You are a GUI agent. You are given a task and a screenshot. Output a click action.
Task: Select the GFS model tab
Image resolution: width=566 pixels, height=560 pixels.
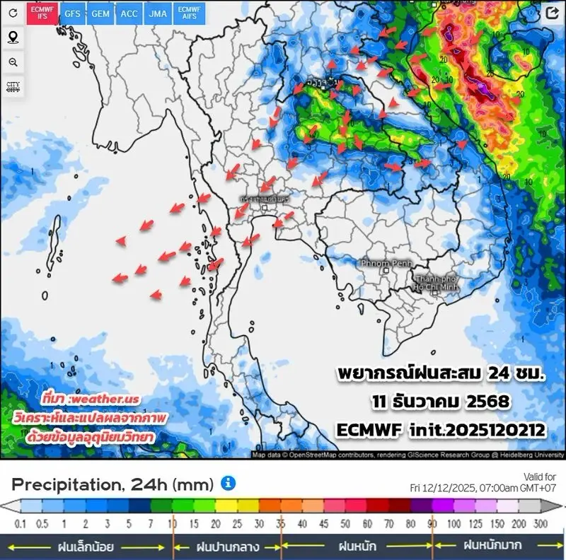click(72, 13)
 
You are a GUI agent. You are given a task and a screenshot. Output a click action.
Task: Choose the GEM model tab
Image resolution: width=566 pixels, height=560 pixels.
click(100, 13)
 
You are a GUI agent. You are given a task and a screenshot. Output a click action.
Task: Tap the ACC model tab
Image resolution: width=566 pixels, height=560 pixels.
click(129, 13)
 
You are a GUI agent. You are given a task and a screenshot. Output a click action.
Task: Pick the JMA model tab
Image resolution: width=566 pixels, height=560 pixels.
click(158, 13)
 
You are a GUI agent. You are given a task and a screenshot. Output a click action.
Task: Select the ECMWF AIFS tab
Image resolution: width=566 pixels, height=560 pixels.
click(189, 13)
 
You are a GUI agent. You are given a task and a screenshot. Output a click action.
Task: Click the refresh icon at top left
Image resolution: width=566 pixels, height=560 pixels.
click(13, 13)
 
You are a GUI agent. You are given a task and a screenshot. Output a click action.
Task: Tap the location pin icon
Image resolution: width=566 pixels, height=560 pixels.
click(13, 37)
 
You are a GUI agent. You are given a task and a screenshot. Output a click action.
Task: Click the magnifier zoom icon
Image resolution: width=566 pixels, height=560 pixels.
click(13, 62)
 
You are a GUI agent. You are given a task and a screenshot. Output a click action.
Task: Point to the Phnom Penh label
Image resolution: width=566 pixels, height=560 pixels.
click(386, 263)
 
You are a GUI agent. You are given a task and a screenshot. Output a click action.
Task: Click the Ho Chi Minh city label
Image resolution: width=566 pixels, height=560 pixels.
click(437, 284)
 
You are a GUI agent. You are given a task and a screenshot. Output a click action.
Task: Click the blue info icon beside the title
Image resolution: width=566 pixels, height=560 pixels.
click(228, 483)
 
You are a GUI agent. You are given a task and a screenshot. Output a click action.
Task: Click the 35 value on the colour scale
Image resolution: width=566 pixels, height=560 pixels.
click(281, 523)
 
